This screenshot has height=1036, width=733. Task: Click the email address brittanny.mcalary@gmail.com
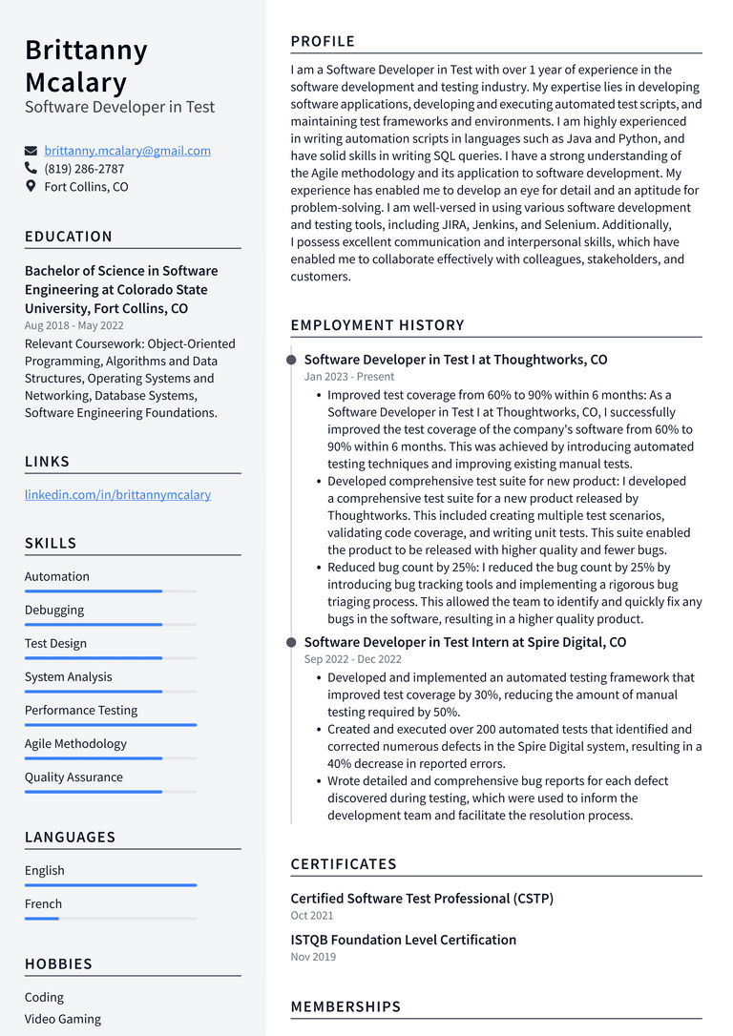point(127,151)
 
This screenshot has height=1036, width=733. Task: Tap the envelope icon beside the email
point(31,151)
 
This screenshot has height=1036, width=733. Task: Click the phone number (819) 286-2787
point(84,169)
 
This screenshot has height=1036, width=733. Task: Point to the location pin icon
point(31,187)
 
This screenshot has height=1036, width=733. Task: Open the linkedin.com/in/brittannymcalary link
point(117,495)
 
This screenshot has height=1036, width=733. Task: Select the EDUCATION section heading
point(69,237)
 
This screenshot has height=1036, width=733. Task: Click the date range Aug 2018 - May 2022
point(73,325)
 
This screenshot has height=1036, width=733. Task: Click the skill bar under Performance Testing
point(110,725)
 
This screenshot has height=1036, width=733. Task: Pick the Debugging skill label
point(54,611)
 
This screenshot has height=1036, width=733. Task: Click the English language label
point(45,871)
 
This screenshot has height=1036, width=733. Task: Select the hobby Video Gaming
point(63,1020)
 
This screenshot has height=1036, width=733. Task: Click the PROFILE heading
point(323,42)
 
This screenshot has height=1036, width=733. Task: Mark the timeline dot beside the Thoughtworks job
point(291,361)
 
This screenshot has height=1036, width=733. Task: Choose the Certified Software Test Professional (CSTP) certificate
point(422,899)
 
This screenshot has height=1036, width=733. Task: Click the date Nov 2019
point(313,957)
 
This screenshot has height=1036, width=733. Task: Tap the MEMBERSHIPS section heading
point(346,1007)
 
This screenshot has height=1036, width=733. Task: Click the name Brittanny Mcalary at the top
point(86,66)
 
